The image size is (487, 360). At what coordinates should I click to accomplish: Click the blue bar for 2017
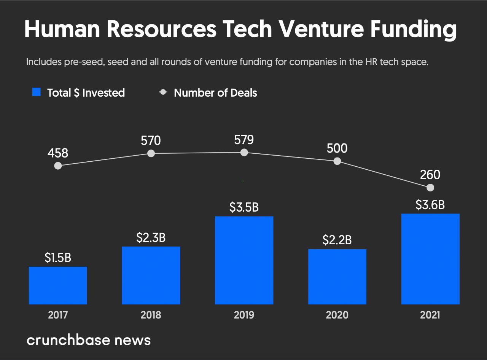tap(58, 285)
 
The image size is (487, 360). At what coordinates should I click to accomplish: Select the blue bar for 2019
tap(244, 260)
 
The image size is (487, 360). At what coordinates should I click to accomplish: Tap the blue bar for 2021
tap(430, 259)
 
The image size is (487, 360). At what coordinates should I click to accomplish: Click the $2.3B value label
tap(151, 238)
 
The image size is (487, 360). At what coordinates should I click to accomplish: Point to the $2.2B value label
tap(337, 240)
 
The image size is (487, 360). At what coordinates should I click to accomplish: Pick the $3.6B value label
tap(430, 205)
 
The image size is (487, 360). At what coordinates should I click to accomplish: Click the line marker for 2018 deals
tap(151, 153)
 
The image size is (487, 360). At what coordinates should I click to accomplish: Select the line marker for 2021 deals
tap(430, 188)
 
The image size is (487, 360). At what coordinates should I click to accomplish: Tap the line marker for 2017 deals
tap(58, 166)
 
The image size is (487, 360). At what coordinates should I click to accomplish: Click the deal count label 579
tap(244, 140)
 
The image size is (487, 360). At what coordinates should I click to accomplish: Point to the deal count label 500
tap(337, 148)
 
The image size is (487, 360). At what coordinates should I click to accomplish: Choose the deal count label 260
tap(430, 175)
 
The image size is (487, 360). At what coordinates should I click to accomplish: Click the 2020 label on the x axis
tap(337, 315)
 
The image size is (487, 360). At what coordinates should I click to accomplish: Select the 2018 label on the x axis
tap(151, 315)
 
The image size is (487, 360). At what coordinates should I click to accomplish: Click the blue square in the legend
tap(37, 92)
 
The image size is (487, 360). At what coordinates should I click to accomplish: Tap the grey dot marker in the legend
tap(163, 92)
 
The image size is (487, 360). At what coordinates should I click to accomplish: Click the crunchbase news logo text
tap(89, 340)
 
